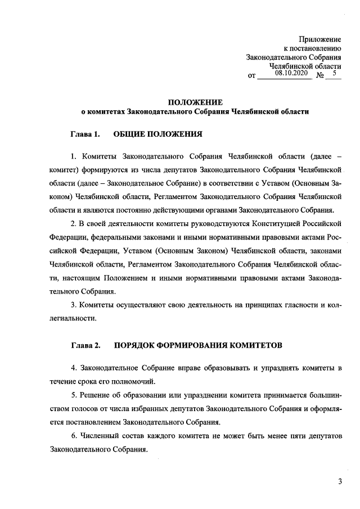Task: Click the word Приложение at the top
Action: [x=321, y=39]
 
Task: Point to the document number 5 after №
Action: [x=334, y=73]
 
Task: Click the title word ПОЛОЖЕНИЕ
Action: [x=195, y=102]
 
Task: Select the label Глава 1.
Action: [x=85, y=135]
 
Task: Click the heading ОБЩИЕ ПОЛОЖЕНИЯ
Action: [x=157, y=135]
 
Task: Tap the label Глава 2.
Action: [x=85, y=344]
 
